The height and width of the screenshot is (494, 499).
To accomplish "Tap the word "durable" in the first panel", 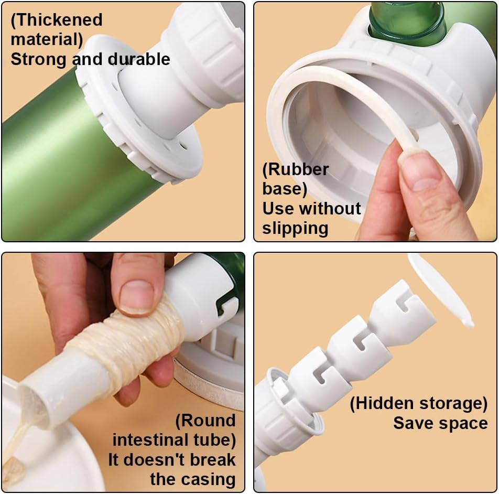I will click(x=139, y=59).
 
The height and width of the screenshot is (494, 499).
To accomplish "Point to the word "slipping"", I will click(x=295, y=228).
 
